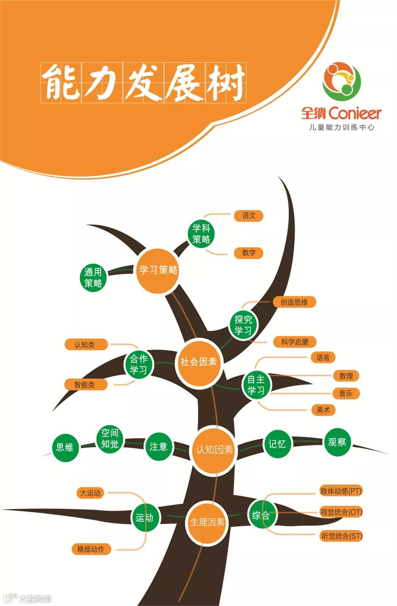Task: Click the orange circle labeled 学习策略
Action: tap(158, 271)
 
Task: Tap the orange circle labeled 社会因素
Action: tap(199, 362)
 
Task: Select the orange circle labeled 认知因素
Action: tap(214, 450)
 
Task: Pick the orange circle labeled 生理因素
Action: tap(207, 522)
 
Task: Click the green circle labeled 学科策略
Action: tap(201, 234)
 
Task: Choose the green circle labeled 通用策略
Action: tap(93, 277)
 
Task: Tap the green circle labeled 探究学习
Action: tap(243, 325)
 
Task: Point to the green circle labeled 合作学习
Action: tap(139, 364)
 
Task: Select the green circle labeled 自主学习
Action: tap(256, 385)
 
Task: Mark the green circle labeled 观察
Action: tap(337, 442)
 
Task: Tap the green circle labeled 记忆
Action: tap(277, 444)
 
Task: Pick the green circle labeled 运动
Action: tap(144, 518)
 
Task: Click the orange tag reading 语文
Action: tap(249, 215)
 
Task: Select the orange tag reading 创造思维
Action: tap(294, 302)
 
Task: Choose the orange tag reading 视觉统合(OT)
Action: tap(341, 512)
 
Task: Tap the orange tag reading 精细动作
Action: tap(91, 549)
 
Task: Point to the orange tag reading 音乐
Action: tap(346, 393)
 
